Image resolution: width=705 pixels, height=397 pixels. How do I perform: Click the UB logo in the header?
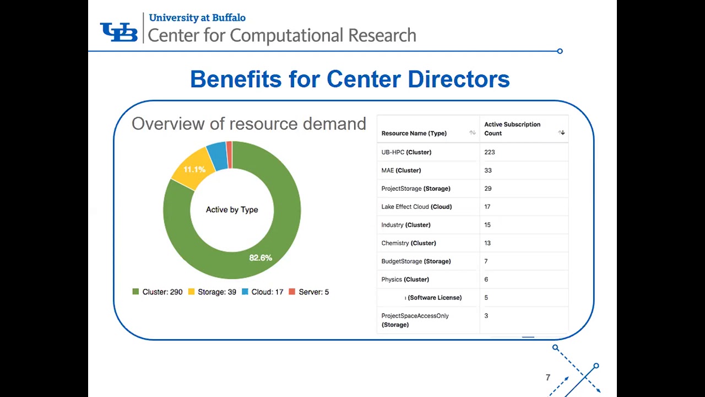[x=118, y=31]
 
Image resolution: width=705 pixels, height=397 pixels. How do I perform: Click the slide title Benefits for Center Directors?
[x=350, y=79]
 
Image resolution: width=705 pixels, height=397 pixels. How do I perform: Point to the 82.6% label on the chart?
[x=261, y=257]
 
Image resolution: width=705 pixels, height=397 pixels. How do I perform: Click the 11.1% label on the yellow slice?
[x=194, y=169]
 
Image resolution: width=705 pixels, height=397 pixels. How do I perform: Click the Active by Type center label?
[x=232, y=210]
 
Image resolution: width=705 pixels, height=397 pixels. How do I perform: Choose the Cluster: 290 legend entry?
[x=158, y=292]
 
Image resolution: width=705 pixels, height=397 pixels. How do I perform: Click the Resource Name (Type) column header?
[x=414, y=133]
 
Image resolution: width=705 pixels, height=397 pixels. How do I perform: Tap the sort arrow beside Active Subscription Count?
[x=562, y=132]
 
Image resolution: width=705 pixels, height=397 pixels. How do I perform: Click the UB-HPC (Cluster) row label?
[x=406, y=152]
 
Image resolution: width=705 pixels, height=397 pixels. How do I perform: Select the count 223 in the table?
[x=490, y=152]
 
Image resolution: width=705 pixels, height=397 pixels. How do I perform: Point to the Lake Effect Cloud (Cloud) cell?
[x=416, y=207]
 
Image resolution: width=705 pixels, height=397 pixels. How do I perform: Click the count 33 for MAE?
[x=488, y=170]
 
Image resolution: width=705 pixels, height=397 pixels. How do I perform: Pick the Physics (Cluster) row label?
[x=405, y=280]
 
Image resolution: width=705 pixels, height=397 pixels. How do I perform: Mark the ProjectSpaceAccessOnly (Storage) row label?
[x=415, y=320]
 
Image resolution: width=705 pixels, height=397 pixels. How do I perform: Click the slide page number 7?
[x=547, y=378]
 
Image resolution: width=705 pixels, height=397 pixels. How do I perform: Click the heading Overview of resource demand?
[x=248, y=124]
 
